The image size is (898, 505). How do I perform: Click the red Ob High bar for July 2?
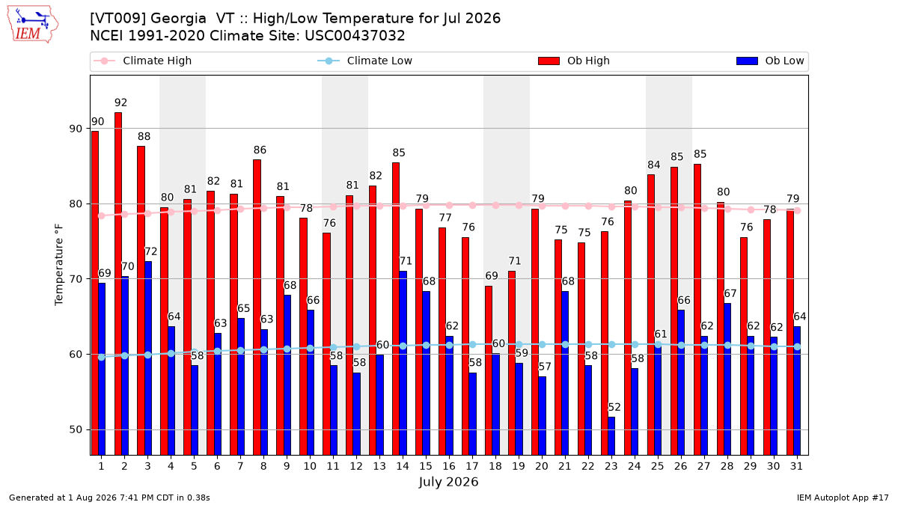click(118, 284)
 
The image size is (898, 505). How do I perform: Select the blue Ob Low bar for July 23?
click(611, 436)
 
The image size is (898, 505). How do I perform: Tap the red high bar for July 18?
click(488, 371)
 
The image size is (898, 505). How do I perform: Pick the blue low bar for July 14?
click(403, 363)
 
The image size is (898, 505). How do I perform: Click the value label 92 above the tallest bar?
click(120, 103)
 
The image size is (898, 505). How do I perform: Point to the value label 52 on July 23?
click(614, 408)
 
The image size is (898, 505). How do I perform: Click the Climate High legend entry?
click(142, 61)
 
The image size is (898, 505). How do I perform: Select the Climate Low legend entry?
click(365, 61)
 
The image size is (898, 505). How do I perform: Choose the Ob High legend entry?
click(574, 61)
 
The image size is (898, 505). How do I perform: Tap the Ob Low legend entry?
click(770, 61)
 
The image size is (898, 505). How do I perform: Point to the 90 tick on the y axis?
click(76, 129)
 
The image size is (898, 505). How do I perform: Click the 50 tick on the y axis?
click(76, 429)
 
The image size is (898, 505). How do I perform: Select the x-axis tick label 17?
click(472, 466)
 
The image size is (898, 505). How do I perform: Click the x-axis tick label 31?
click(796, 466)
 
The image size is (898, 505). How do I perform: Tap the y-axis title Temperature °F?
click(59, 265)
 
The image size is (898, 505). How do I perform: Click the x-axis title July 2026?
click(448, 482)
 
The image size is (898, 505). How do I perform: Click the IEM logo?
click(33, 25)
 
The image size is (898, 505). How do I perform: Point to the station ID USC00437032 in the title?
click(355, 36)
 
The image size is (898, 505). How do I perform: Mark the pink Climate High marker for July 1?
click(102, 216)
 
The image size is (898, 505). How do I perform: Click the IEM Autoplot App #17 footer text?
click(843, 498)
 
